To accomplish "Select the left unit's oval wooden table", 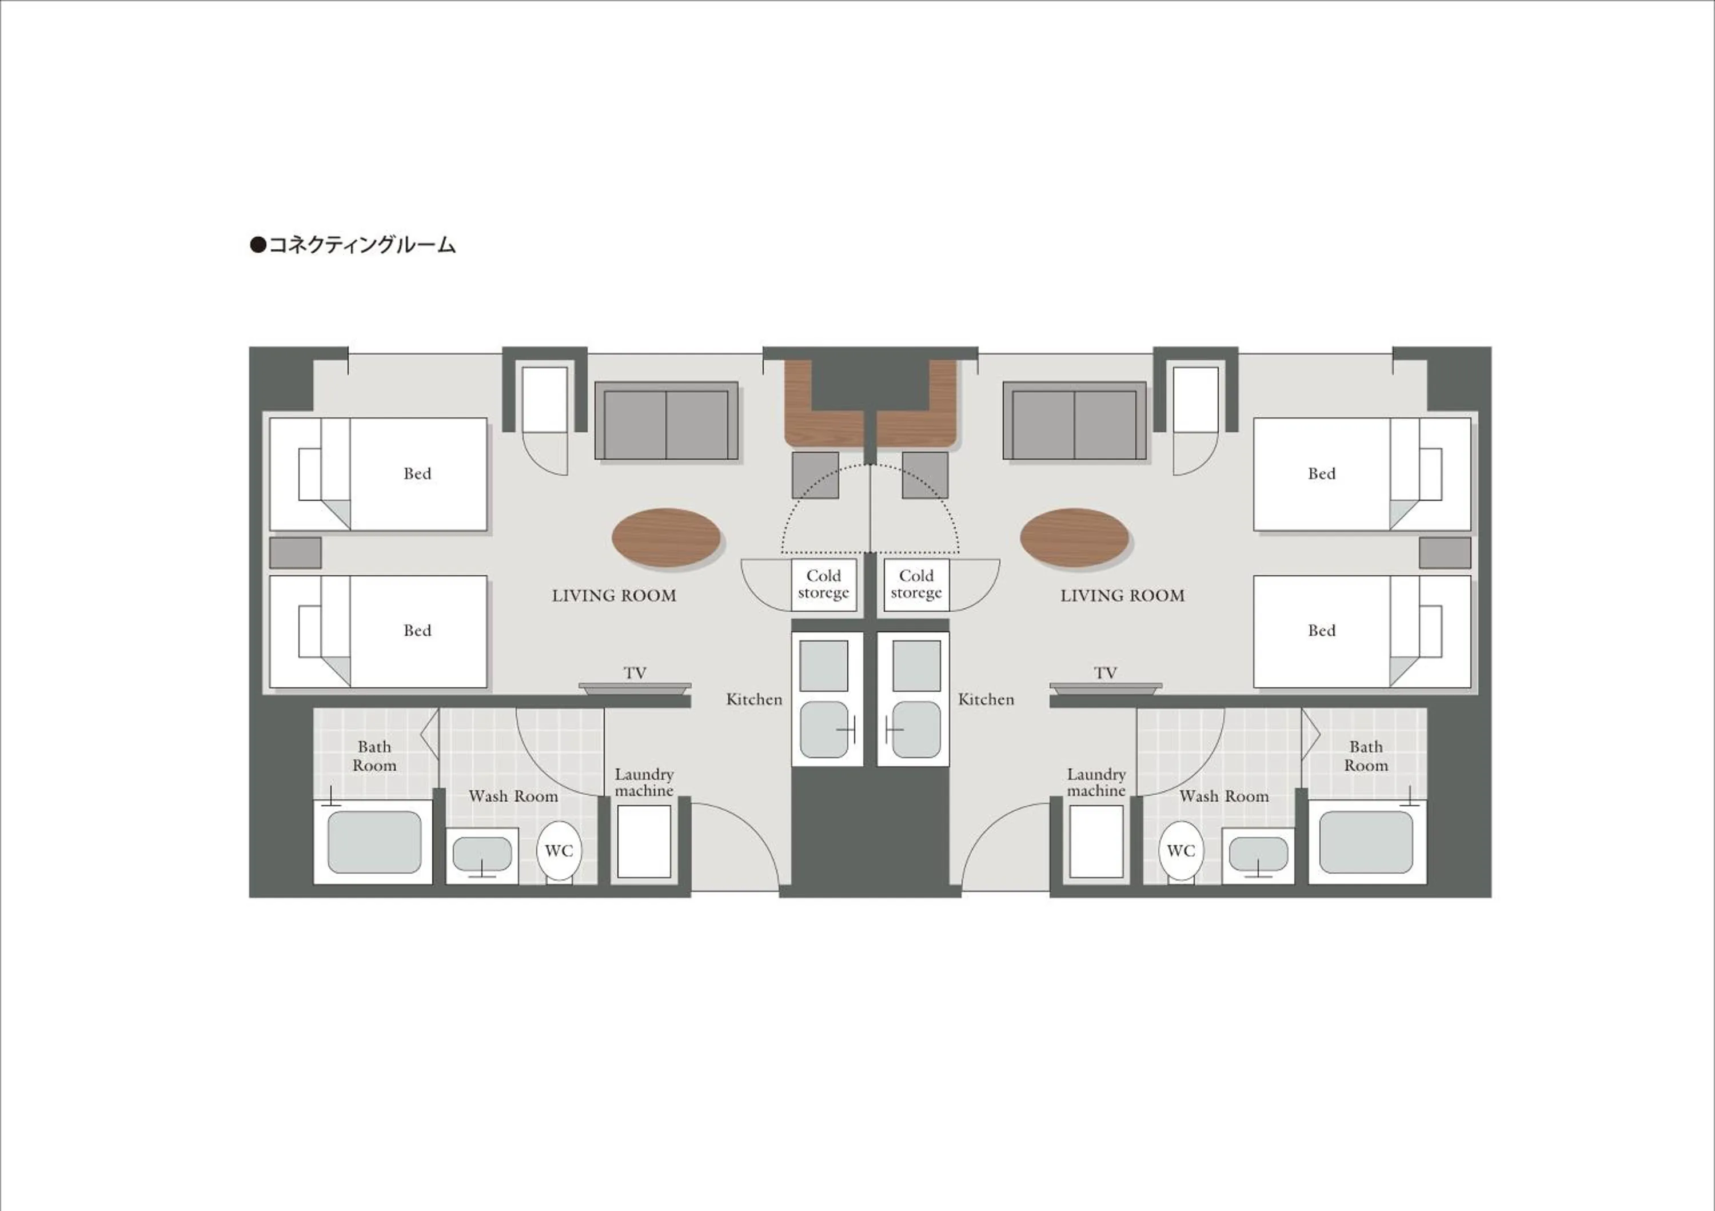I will point(665,537).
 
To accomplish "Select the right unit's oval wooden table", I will point(1074,537).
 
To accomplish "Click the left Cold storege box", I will point(823,584).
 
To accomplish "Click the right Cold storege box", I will point(916,584).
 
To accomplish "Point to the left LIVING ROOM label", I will point(614,595).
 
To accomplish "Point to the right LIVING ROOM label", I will point(1122,595).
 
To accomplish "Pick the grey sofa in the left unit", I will point(667,421).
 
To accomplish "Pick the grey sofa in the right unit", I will point(1074,421).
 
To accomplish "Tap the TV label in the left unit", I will point(635,672).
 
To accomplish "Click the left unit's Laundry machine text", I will point(644,782).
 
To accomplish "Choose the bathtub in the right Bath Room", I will point(1366,842).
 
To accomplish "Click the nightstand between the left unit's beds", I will point(295,553).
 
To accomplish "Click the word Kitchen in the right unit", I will point(986,699).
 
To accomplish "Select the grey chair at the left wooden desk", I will point(815,475).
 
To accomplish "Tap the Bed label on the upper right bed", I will point(1321,473).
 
